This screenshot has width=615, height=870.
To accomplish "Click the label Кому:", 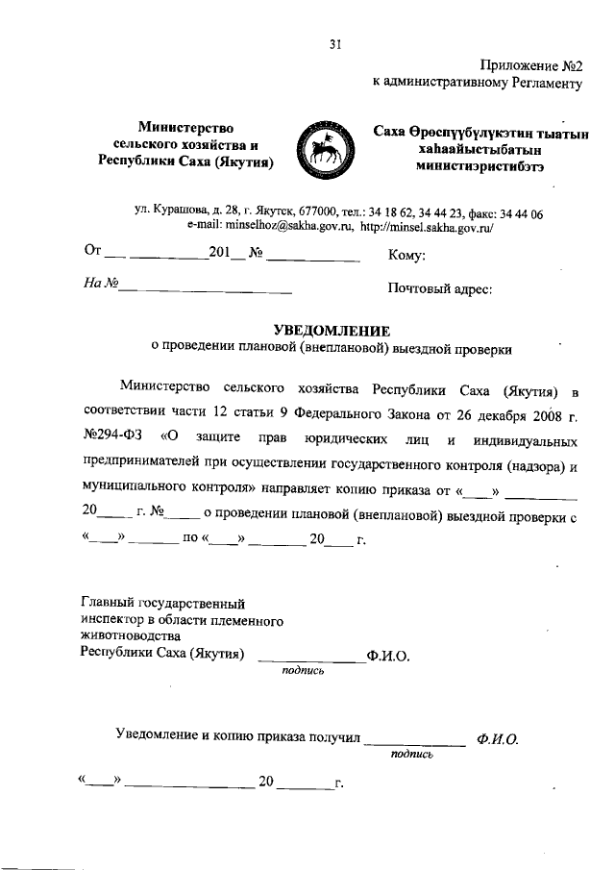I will coord(406,256).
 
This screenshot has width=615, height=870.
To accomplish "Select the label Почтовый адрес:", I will coord(439,286).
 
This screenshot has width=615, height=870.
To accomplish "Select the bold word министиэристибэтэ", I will coord(480,165).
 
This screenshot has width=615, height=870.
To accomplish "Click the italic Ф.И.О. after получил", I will coord(497,739).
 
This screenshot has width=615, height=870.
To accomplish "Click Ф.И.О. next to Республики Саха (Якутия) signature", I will coord(388,657).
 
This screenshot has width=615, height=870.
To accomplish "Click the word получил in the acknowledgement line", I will coord(334,736).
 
